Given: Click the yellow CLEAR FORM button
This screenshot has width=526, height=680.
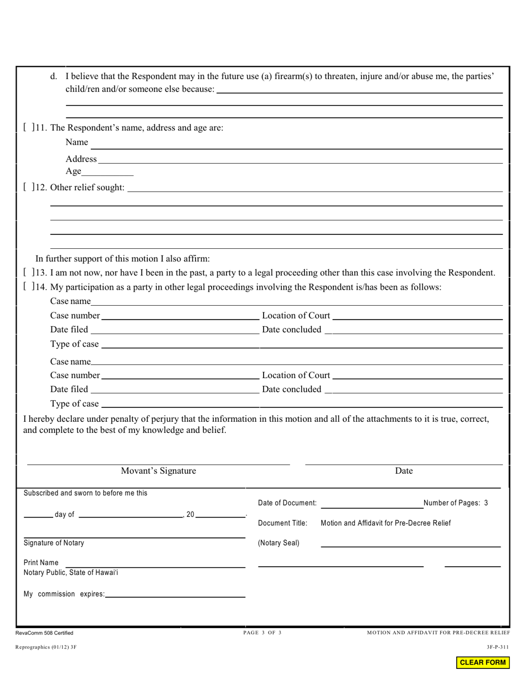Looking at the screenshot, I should coord(482,662).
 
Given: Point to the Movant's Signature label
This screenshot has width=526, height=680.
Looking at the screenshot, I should coord(158,471).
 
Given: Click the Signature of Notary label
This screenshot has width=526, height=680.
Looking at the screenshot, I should coord(54,543).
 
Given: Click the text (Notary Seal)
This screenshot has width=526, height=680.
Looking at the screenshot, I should coord(279,543).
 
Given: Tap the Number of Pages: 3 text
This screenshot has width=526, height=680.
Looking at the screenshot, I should coord(456,503).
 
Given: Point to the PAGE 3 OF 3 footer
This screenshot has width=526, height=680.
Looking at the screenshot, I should coord(262,632).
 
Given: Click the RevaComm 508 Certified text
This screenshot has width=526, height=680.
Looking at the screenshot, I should coord(48,633).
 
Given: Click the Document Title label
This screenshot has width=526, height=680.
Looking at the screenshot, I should coord(282,523).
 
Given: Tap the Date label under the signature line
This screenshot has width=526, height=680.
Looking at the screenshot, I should coord(404,471).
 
